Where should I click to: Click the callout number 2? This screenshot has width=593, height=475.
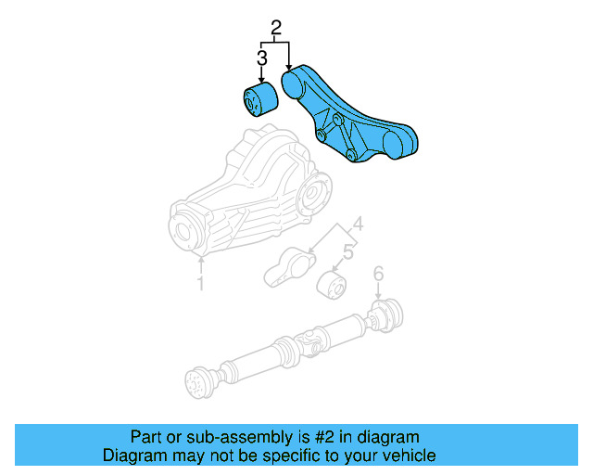point(275,28)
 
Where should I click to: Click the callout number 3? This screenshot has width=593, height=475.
point(261,58)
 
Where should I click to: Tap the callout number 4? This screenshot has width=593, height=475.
point(357,224)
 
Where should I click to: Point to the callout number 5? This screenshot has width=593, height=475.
point(348,251)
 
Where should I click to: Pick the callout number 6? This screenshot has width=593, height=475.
point(377,274)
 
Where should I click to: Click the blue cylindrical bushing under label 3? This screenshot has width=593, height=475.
point(259,100)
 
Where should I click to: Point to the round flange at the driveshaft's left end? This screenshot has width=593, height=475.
point(196,383)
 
